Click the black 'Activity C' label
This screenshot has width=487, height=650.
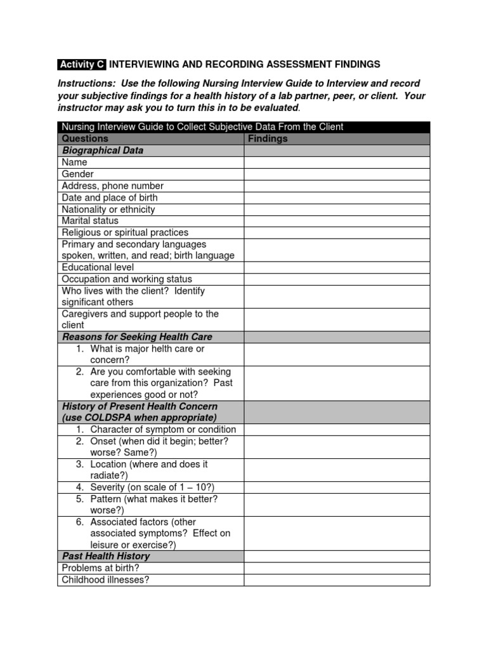click(x=81, y=64)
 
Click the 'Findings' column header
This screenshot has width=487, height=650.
click(x=268, y=138)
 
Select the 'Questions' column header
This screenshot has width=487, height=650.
click(x=85, y=138)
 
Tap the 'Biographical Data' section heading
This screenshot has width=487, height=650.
click(x=102, y=150)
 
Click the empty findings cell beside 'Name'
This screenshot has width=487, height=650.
click(x=337, y=162)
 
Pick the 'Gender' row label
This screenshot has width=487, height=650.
click(x=77, y=174)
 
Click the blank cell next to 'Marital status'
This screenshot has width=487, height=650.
click(x=337, y=221)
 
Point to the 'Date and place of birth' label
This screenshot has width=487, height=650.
click(x=110, y=197)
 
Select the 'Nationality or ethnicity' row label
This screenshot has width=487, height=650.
click(x=108, y=209)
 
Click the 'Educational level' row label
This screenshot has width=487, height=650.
click(x=98, y=267)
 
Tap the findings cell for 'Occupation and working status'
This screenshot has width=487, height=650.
click(x=337, y=279)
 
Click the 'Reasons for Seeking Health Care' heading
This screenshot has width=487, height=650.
click(x=136, y=336)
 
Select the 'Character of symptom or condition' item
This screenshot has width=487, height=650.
click(x=163, y=429)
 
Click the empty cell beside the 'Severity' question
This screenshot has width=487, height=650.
click(x=337, y=487)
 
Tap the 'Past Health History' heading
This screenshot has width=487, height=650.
click(x=106, y=556)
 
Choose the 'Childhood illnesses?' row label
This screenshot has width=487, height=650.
click(x=105, y=580)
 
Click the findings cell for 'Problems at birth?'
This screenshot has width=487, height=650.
click(x=337, y=568)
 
